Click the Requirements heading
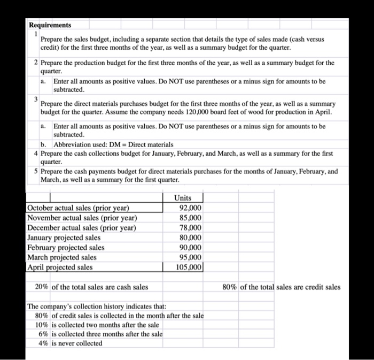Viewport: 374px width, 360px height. click(50, 25)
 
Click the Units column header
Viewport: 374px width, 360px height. click(183, 198)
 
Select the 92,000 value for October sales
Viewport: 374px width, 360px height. click(191, 208)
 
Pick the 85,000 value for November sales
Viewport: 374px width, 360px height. click(191, 218)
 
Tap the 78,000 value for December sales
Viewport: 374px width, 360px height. click(191, 228)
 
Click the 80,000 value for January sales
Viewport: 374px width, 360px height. click(191, 238)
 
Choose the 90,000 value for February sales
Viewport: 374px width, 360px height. click(191, 247)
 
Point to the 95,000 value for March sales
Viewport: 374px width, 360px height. click(191, 257)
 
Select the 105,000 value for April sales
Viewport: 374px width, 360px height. click(189, 267)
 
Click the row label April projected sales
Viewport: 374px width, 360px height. click(60, 267)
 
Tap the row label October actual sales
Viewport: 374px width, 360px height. click(78, 208)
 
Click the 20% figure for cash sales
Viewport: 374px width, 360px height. click(42, 287)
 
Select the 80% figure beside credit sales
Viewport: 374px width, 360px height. click(230, 287)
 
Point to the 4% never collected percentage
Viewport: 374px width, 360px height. click(43, 343)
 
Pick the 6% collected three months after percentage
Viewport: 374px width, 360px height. click(43, 334)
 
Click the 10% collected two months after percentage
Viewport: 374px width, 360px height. click(42, 325)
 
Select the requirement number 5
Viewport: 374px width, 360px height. click(36, 172)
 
